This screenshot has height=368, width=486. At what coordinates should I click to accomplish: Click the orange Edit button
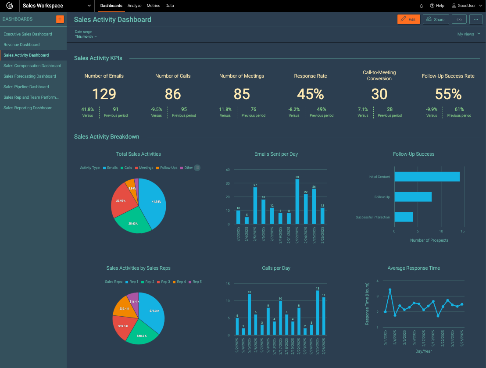pos(408,19)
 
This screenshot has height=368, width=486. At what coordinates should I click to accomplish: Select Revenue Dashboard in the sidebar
pos(21,45)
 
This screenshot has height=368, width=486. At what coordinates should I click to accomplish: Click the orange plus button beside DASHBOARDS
pos(60,19)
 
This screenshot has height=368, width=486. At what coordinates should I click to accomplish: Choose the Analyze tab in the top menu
pos(134,6)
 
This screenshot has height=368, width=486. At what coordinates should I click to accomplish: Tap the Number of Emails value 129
pos(104,94)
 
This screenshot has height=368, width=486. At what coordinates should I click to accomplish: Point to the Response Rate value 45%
pos(310,94)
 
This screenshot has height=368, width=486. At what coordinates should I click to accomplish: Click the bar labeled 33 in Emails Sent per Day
pos(297,202)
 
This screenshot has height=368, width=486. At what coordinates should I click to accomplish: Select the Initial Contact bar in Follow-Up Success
pos(427,176)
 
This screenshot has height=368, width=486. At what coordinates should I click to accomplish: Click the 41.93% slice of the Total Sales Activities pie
pos(154,202)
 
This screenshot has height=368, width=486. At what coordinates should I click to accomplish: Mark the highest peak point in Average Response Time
pos(390,290)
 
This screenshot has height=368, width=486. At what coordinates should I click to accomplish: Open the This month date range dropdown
pos(86,36)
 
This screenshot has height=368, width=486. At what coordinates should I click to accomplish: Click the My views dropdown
pos(468,34)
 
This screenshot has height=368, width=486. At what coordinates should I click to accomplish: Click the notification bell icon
pos(422,6)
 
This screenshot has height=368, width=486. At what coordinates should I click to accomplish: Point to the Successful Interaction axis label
pos(372,217)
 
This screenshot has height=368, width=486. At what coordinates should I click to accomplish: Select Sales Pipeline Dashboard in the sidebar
pos(26,87)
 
